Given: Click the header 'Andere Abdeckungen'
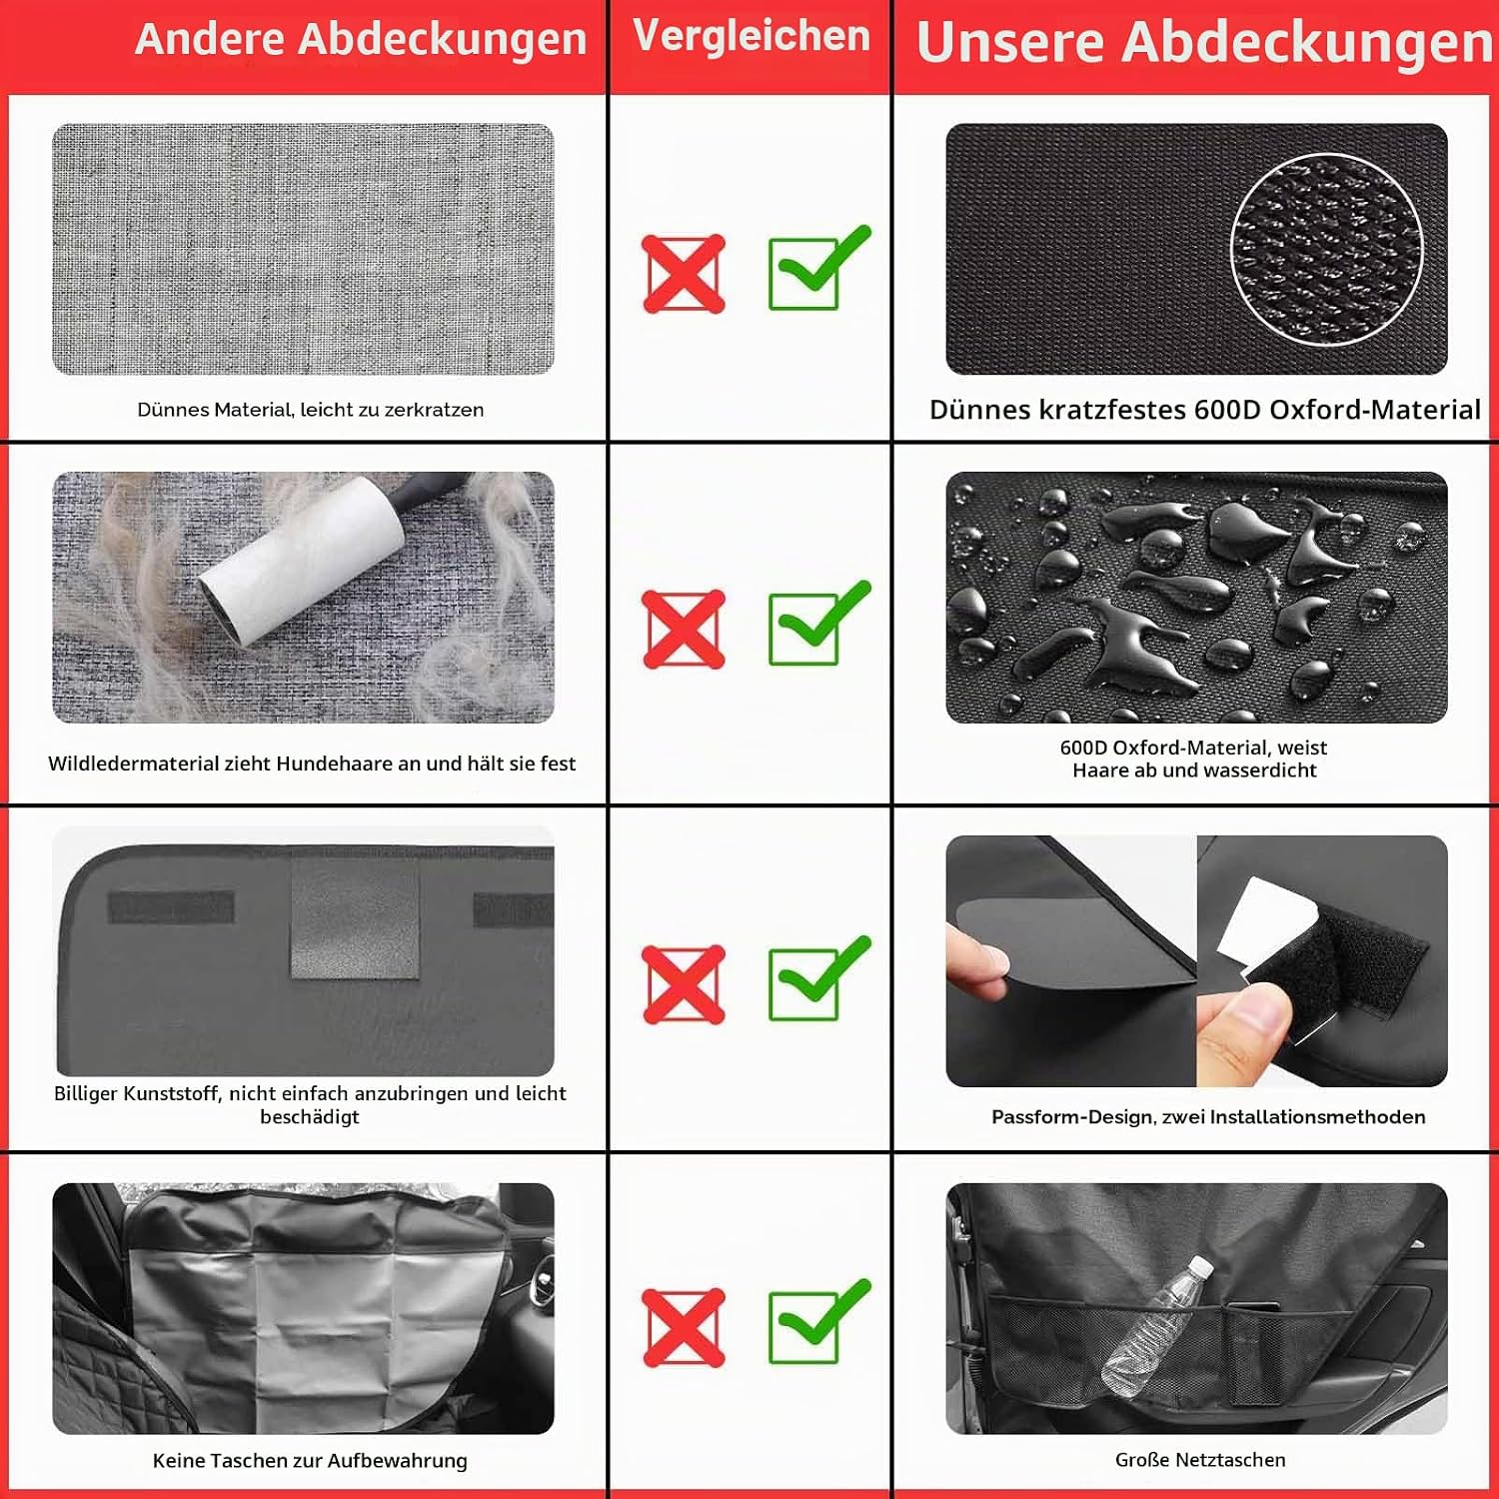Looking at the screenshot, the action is (361, 39).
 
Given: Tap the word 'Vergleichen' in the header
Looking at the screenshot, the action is (751, 36).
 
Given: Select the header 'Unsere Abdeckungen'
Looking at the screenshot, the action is (1204, 43).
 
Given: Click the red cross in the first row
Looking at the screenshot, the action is (685, 274).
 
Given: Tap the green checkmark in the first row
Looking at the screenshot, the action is (817, 269).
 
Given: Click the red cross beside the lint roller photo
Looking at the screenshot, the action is (685, 630).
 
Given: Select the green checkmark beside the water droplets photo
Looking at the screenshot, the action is (817, 624).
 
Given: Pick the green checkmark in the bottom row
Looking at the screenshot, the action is (817, 1322).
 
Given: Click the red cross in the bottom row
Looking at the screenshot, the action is (685, 1328).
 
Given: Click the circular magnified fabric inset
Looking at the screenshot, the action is (1327, 250).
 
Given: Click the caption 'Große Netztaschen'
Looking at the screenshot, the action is (1200, 1460).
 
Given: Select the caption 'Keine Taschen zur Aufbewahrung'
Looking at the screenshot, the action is (310, 1461).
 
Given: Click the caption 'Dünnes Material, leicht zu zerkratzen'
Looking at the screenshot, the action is (311, 410).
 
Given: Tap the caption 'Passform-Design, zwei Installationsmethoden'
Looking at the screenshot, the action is (1208, 1117).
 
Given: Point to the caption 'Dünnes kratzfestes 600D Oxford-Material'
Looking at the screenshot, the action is (1204, 410).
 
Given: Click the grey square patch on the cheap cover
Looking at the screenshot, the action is (355, 916).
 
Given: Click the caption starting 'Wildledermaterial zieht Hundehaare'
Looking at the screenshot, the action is (312, 763).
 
